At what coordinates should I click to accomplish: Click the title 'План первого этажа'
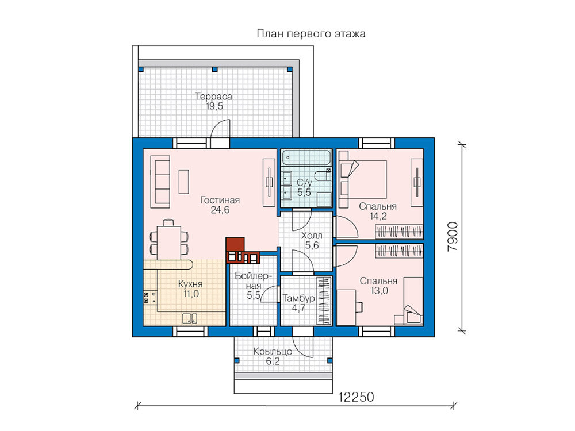click(x=311, y=34)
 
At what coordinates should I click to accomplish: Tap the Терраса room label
click(x=214, y=97)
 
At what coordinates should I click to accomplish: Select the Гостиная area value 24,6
click(x=220, y=210)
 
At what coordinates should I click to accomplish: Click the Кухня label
click(x=190, y=284)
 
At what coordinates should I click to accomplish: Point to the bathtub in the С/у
click(x=306, y=157)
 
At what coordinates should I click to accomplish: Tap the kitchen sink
click(x=190, y=318)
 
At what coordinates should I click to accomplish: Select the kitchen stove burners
click(x=146, y=298)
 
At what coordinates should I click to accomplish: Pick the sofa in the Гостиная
click(x=160, y=182)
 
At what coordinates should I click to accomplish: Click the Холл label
click(x=312, y=235)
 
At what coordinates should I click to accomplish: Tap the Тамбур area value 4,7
click(x=298, y=308)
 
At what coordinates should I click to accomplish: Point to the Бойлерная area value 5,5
click(x=254, y=295)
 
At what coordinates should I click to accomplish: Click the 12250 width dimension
click(x=356, y=397)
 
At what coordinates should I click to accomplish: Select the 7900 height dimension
click(x=453, y=236)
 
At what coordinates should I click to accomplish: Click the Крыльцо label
click(x=273, y=352)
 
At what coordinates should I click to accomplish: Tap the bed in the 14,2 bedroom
click(x=363, y=179)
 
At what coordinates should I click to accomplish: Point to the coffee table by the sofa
click(x=184, y=182)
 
